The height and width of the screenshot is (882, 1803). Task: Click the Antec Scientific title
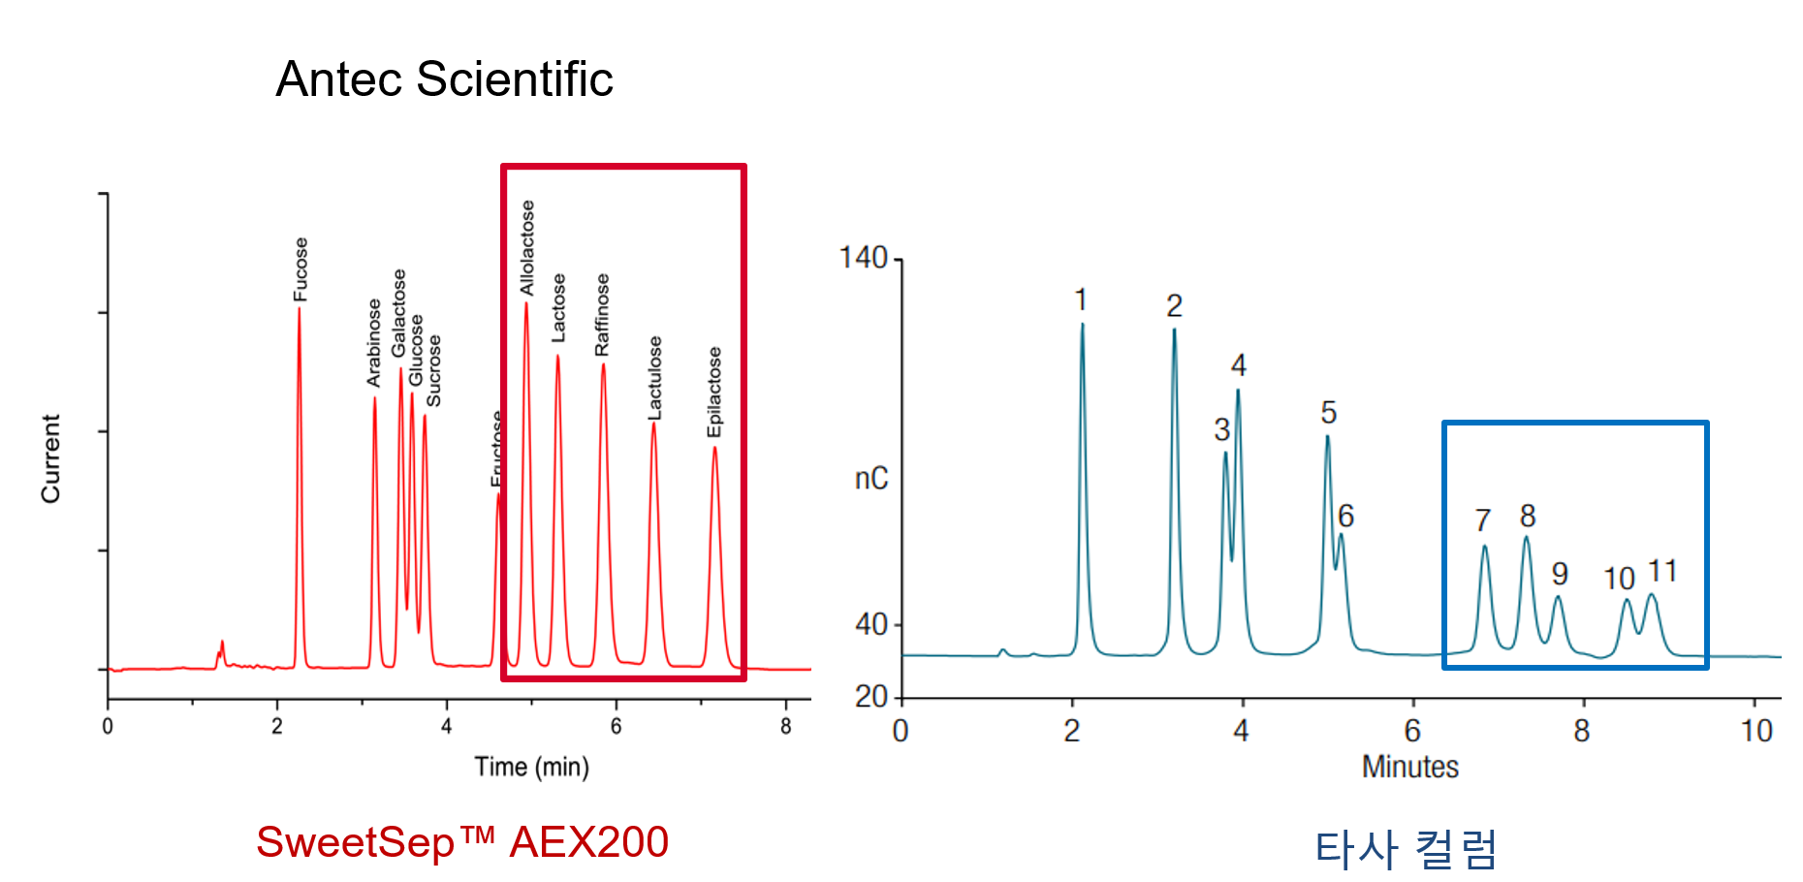coord(444,79)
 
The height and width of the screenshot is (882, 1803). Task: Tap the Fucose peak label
coord(300,269)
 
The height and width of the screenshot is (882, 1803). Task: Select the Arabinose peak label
coord(374,343)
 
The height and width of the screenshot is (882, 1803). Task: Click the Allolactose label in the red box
coord(527,248)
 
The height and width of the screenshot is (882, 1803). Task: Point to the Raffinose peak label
coord(602,314)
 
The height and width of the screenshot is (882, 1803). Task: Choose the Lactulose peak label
coord(655,378)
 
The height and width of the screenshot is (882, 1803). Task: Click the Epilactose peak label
coord(714,392)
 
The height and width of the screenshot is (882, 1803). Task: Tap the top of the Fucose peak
coord(299,309)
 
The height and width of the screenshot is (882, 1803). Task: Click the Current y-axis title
coord(50,458)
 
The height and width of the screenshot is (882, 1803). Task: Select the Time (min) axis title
coord(531,767)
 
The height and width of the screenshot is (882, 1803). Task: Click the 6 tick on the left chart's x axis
coord(616,726)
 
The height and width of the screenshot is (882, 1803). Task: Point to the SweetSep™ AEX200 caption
coord(462,841)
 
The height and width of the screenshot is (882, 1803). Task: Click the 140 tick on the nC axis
coord(863,259)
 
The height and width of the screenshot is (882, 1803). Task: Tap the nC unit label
coord(870,478)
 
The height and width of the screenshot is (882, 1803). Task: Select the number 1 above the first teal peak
coord(1081,300)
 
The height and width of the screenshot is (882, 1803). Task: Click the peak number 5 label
coord(1328,413)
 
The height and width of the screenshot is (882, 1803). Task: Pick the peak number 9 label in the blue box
coord(1560,574)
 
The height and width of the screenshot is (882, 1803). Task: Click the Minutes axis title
coord(1409,767)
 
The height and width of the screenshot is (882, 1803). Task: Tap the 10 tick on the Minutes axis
coord(1756,730)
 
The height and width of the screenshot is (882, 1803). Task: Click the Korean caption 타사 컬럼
coord(1406,849)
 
